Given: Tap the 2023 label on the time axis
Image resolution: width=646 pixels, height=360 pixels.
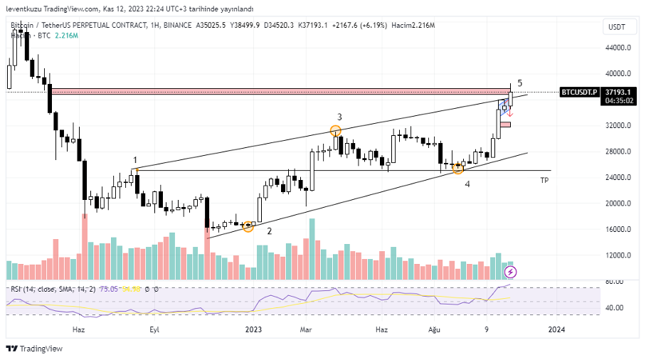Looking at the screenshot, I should coord(254,329).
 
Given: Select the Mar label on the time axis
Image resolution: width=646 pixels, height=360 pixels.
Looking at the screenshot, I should coord(306,329).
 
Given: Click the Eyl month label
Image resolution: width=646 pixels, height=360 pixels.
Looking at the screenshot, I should coord(154,329).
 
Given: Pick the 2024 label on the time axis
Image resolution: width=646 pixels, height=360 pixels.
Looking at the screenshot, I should coord(557,329).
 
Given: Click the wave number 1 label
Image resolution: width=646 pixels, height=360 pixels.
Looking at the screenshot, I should coord(135,161).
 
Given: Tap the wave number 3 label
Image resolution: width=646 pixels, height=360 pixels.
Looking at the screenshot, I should coord(339,117).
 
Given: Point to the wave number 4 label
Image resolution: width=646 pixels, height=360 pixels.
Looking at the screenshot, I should coord(467,184).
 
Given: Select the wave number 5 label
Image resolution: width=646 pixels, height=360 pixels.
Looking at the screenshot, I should coord(520,83).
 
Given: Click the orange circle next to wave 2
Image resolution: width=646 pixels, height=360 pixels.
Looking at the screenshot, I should coord(248,226).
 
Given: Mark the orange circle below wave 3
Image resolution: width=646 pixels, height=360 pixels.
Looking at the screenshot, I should coord(336,130).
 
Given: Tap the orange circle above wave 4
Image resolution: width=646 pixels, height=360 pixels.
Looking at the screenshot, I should coord(458,169).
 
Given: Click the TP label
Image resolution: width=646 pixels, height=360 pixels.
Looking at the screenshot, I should coord(544,180).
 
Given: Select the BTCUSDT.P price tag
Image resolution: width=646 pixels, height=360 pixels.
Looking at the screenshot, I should coord(579,92).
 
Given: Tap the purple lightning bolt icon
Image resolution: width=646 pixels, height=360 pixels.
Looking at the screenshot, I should coord(510,272).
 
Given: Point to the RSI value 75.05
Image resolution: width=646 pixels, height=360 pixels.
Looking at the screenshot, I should coord(109,289).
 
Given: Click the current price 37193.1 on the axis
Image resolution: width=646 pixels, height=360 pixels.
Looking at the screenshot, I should coord(618,92).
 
